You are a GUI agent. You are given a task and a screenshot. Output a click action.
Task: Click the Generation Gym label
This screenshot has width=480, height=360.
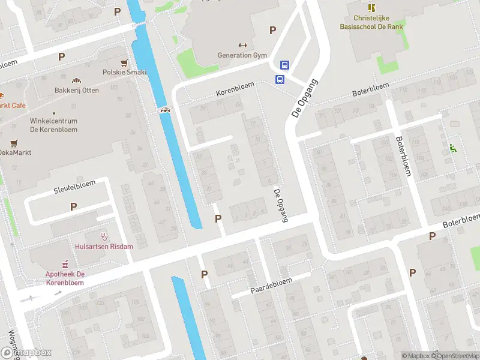[242, 55]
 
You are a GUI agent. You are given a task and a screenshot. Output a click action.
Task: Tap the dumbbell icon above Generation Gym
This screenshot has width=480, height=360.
[243, 44]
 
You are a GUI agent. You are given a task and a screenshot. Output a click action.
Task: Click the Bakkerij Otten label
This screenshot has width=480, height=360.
[77, 90]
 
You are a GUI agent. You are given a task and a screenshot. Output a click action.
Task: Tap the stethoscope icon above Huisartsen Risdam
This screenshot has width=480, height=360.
[104, 236]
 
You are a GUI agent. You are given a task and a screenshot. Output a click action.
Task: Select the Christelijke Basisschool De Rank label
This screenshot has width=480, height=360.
[371, 22]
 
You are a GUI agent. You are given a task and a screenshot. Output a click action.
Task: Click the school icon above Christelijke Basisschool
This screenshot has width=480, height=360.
[371, 8]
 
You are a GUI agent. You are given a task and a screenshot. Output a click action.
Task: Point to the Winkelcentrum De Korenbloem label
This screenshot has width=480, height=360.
[53, 125]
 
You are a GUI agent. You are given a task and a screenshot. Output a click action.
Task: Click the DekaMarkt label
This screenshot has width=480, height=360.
[14, 152]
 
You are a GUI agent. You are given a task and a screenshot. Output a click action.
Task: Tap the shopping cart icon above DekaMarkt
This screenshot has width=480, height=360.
[13, 143]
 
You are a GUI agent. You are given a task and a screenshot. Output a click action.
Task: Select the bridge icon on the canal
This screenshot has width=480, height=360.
[164, 109]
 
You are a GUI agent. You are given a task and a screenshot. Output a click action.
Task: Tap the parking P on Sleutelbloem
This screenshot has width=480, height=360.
[73, 206]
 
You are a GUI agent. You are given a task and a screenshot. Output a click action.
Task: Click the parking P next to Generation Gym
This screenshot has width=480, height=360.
[273, 30]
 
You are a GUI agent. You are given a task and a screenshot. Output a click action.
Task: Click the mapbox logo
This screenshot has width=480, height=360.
[26, 353]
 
